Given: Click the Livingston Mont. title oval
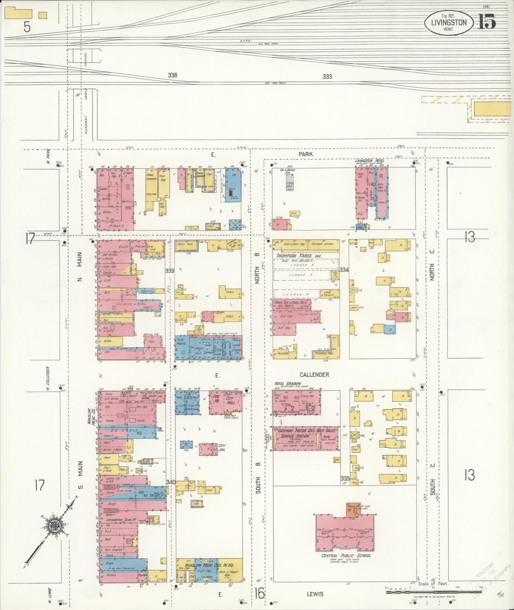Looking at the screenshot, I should coord(449,22).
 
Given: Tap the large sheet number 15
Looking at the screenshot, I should coord(487,22).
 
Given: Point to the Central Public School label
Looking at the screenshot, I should coord(346,556).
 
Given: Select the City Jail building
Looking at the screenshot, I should coord(208,449).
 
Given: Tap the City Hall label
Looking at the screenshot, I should coord(230,400).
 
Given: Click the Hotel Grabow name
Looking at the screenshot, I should coord(287,384).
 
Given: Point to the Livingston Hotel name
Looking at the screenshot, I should coord(370,161).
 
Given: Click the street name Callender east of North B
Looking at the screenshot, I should coord(314,375).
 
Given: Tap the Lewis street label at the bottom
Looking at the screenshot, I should coord(315,594).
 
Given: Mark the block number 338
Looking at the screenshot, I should coord(173,75).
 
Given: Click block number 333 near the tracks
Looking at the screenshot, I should coord(327,77).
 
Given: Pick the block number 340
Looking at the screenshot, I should coord(170,482).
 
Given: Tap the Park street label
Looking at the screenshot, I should coord(306,154).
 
